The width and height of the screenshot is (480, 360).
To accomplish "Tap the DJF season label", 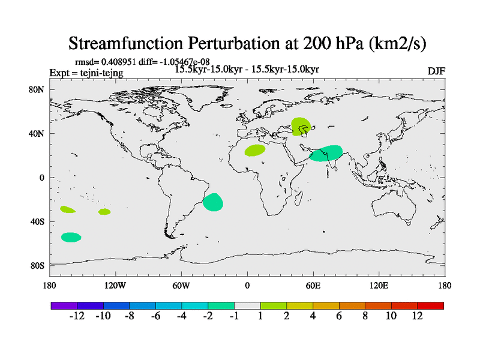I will (436, 71).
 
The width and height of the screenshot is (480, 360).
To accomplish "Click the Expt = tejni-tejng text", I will (86, 73).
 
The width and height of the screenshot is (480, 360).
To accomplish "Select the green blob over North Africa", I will (255, 150).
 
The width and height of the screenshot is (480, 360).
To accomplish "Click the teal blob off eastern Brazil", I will (213, 202).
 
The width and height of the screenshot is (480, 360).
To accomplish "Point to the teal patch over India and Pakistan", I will (326, 153).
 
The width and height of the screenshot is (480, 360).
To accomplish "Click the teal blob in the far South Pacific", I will (71, 237).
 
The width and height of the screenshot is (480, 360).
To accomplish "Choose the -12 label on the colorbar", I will (77, 316).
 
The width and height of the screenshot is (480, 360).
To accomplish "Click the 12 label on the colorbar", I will (418, 316).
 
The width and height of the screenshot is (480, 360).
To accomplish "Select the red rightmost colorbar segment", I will (430, 305).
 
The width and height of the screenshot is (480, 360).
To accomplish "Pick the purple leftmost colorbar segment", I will (64, 305).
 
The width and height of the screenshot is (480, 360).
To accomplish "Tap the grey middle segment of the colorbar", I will (247, 305).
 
